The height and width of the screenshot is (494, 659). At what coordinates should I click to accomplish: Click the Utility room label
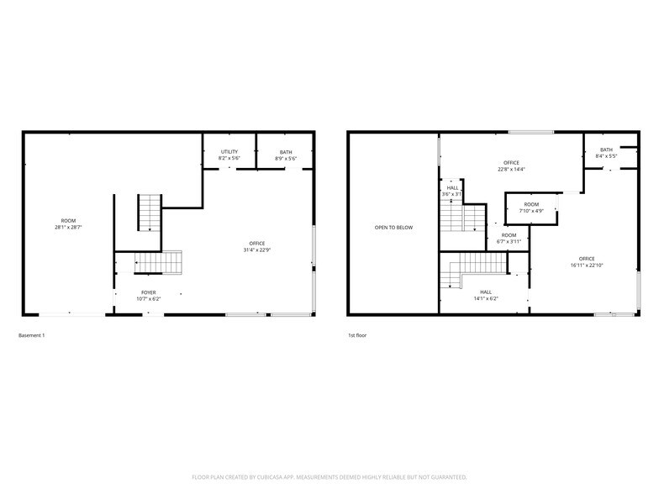coord(229,152)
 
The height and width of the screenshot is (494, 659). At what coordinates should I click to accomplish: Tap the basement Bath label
coord(286,152)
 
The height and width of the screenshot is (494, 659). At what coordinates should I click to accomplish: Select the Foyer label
coord(148,292)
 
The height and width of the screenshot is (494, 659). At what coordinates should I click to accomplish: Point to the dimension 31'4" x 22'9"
coord(256,250)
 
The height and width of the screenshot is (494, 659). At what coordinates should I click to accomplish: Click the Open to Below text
coord(393,228)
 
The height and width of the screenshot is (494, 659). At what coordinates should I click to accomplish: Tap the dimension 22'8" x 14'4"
coord(511,170)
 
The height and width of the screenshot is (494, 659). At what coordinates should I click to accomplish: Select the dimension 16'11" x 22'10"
coord(586,265)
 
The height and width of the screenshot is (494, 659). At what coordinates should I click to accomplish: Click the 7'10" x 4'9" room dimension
coord(531,211)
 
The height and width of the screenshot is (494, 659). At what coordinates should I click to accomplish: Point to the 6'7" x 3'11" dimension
coord(509,242)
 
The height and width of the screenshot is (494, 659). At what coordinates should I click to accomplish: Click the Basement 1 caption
coord(32,335)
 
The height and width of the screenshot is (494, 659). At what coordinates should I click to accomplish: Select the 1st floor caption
coord(357,335)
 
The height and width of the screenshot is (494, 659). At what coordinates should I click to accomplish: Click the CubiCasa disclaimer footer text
coord(329,476)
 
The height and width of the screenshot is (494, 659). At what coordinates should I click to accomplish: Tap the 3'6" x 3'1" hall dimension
coord(452,194)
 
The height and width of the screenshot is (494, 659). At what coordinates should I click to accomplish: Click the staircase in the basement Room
coord(150,213)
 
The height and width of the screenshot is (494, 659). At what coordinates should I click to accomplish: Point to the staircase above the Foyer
coord(161,263)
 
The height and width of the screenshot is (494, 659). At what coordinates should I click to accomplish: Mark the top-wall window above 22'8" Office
coord(531,132)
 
